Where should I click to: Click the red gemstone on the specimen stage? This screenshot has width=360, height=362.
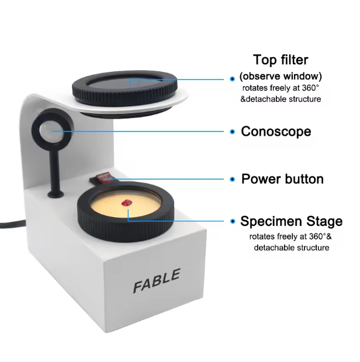tap(127, 203)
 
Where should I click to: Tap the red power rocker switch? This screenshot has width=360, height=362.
tap(103, 178)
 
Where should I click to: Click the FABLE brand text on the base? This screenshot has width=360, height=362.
tap(157, 280)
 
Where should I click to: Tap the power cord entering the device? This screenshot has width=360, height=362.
tap(12, 224)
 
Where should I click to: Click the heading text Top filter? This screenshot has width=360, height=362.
tap(281, 60)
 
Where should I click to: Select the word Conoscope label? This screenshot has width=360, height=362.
tap(276, 131)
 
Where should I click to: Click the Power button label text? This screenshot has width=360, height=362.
tap(282, 179)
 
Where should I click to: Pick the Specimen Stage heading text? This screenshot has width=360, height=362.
tap(292, 221)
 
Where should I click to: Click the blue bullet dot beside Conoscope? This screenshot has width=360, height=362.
tap(233, 131)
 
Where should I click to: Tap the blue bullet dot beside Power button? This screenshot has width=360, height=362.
tap(233, 179)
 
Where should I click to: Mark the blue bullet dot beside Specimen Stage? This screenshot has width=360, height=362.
tap(233, 221)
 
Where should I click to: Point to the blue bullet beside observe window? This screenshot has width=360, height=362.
tap(233, 79)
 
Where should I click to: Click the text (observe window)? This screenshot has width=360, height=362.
tap(281, 76)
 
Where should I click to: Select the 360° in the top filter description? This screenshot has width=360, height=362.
tap(310, 88)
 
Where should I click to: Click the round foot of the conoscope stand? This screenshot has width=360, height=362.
tap(56, 194)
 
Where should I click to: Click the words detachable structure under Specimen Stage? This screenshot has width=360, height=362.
tap(292, 248)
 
